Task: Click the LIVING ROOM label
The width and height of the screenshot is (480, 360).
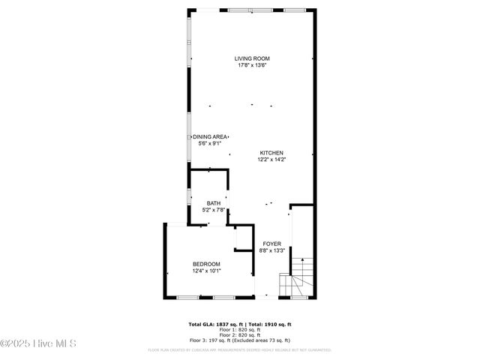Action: click(x=251, y=58)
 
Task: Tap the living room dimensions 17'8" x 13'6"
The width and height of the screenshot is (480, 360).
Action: click(x=251, y=65)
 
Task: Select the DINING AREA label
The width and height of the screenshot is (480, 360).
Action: click(x=210, y=136)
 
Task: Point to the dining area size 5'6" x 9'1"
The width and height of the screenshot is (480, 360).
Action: click(x=210, y=143)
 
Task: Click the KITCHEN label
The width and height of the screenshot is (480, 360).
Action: click(x=271, y=152)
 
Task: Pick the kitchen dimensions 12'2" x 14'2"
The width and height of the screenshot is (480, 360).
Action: click(x=271, y=159)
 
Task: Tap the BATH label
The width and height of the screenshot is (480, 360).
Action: click(x=214, y=203)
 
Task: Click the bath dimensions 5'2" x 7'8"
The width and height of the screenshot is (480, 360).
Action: click(x=214, y=210)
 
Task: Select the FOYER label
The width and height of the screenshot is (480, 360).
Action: click(x=271, y=244)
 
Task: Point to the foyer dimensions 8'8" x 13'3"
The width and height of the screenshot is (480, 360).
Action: click(x=271, y=251)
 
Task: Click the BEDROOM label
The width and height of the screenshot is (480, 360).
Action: click(x=206, y=264)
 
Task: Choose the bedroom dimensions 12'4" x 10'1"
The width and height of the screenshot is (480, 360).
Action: click(x=206, y=271)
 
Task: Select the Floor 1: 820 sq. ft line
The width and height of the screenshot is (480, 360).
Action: click(x=239, y=329)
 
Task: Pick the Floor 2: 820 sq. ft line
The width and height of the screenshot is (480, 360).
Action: click(x=239, y=334)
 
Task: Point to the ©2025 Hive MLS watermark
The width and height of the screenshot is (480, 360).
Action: click(x=39, y=343)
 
